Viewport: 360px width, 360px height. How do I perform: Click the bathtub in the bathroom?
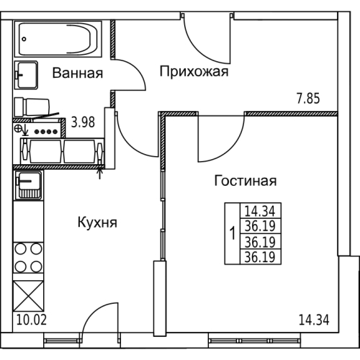click(x=58, y=39)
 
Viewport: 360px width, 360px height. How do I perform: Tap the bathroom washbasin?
click(x=26, y=75)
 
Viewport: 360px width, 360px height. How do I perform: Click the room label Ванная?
click(x=78, y=73)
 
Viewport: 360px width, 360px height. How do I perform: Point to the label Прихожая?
click(x=194, y=72)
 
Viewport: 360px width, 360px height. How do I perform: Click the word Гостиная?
click(x=246, y=181)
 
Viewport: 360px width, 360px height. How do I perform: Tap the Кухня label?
click(x=97, y=222)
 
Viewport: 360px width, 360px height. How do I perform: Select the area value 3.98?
click(x=83, y=122)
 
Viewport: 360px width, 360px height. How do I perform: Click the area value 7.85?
click(x=308, y=99)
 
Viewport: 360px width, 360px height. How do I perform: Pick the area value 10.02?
click(x=32, y=320)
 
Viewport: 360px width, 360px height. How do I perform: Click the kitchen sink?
click(x=29, y=185)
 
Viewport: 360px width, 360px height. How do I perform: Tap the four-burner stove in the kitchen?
click(x=28, y=258)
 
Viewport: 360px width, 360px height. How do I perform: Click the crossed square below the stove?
click(x=28, y=296)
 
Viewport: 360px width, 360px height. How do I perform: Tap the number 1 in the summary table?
click(x=233, y=233)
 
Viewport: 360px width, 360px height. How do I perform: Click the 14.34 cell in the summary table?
click(x=260, y=211)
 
